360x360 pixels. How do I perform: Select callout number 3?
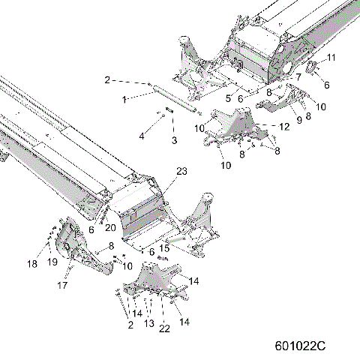(173, 140)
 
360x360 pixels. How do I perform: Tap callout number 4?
(141, 136)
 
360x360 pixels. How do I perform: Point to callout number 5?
(228, 96)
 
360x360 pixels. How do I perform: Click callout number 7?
(298, 76)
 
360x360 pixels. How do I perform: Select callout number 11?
(332, 58)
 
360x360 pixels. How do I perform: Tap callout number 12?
(285, 127)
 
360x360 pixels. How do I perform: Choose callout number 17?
(63, 286)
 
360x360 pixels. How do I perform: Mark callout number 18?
(31, 264)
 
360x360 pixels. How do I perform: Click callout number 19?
(52, 262)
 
